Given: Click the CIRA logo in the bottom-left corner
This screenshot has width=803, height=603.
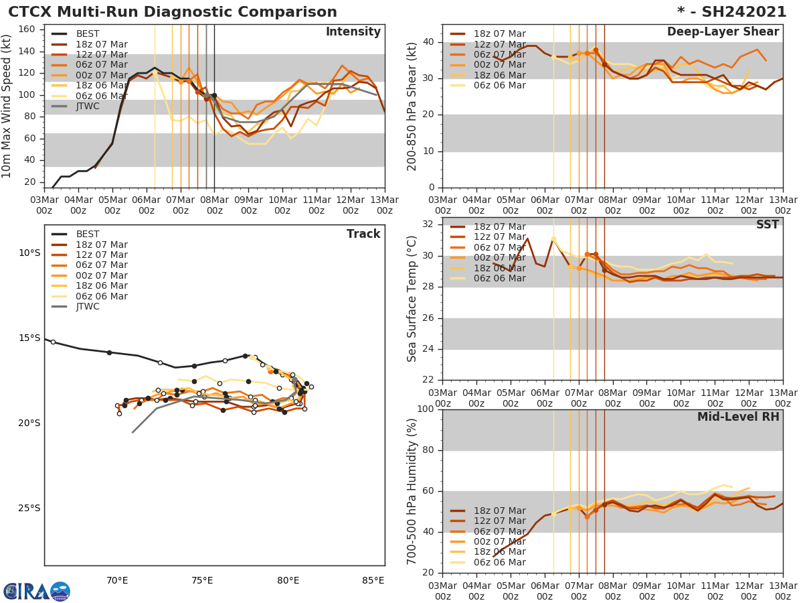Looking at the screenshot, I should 37,591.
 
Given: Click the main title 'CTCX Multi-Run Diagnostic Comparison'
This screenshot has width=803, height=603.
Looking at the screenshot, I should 173,12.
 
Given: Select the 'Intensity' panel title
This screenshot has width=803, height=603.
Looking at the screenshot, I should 353,32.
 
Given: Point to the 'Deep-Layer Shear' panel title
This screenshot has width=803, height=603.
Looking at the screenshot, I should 723,32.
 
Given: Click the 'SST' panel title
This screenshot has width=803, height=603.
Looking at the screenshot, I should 767,225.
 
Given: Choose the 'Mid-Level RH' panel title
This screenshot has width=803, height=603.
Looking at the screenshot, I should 738,417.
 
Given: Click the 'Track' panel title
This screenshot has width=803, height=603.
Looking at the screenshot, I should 363,234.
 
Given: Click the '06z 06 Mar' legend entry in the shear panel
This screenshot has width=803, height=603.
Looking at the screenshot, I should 499,85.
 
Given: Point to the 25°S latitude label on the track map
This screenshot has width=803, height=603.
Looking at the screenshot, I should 29,508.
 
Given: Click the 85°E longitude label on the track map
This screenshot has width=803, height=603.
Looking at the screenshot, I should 373,580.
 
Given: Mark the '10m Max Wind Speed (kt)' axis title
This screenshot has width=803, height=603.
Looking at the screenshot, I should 8,105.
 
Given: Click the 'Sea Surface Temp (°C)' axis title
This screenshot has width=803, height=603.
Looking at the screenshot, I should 413,298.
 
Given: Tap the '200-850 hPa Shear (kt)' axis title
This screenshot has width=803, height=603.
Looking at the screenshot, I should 413,105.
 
